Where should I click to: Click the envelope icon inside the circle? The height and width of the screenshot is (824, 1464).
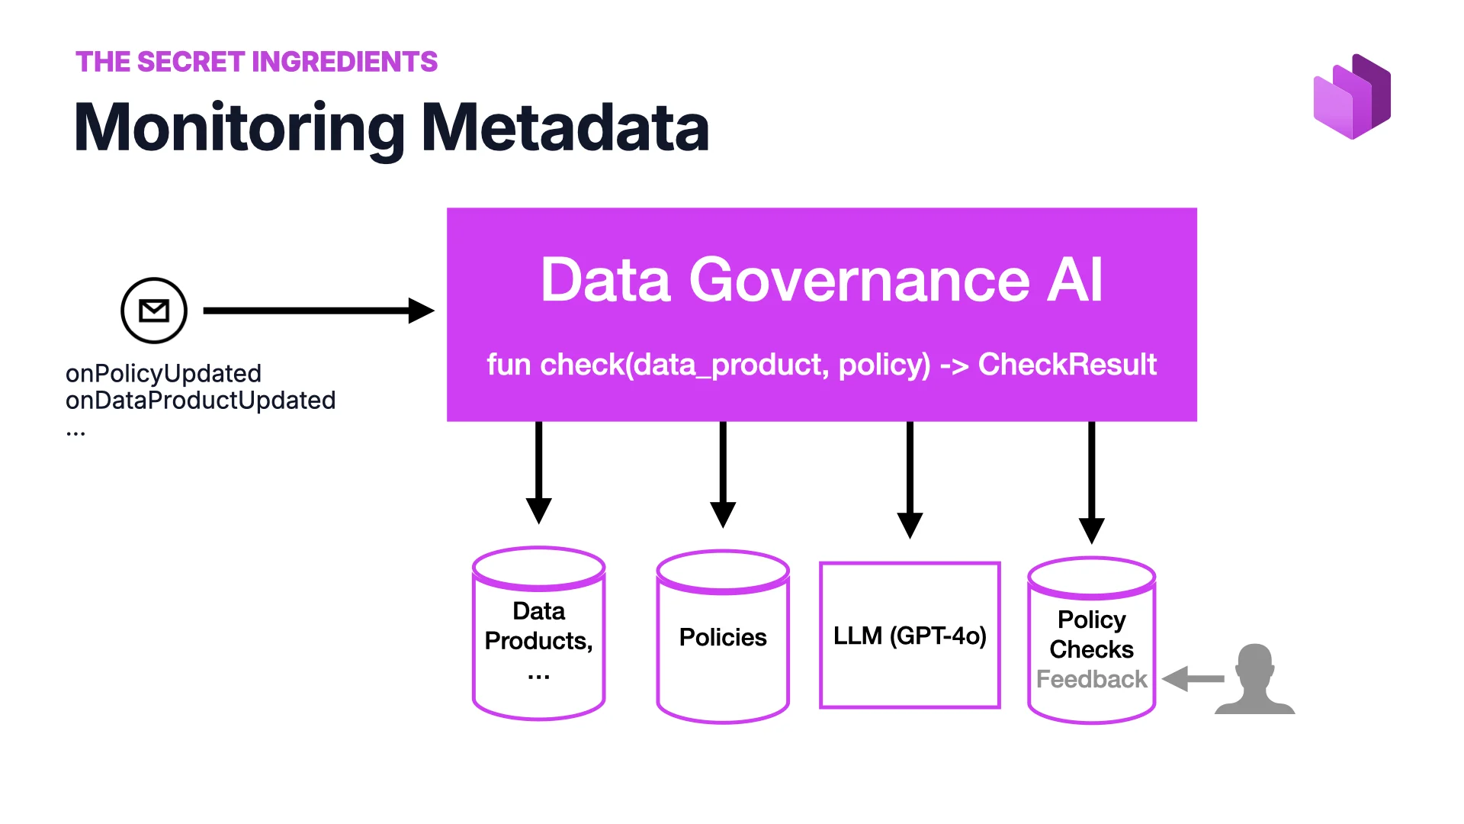click(154, 311)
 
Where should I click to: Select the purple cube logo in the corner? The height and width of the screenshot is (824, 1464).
click(1352, 97)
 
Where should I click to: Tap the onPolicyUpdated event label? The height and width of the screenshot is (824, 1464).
click(163, 373)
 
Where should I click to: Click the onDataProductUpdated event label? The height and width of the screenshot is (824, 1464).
click(201, 400)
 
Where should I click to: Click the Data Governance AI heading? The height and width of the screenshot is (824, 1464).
click(821, 279)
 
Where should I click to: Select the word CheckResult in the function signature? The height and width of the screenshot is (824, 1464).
click(1067, 365)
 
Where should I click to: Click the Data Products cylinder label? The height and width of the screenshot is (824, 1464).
click(538, 626)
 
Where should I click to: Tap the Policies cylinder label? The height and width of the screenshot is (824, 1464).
click(722, 637)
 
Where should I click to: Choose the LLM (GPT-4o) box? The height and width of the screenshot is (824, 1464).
click(909, 636)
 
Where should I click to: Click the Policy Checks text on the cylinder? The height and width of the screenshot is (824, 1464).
click(1091, 634)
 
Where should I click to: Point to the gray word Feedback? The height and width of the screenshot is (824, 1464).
click(1091, 679)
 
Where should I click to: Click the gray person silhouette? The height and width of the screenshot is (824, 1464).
click(1254, 679)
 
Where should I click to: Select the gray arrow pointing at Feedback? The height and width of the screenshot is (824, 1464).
click(1193, 678)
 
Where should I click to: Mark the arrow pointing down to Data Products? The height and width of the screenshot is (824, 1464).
click(538, 473)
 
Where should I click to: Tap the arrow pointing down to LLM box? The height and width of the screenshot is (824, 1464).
click(910, 481)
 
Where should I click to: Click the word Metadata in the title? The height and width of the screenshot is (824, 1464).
click(565, 127)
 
